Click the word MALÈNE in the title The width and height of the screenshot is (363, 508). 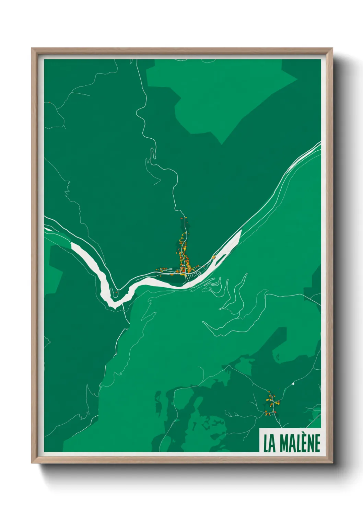300,443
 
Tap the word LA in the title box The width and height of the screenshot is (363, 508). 269,443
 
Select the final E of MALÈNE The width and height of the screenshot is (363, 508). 317,443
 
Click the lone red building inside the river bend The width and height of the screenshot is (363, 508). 117,292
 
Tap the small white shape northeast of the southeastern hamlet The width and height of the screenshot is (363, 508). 293,383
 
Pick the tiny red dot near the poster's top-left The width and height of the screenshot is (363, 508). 50,102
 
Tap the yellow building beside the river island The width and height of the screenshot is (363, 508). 213,257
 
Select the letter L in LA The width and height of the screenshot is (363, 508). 266,443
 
